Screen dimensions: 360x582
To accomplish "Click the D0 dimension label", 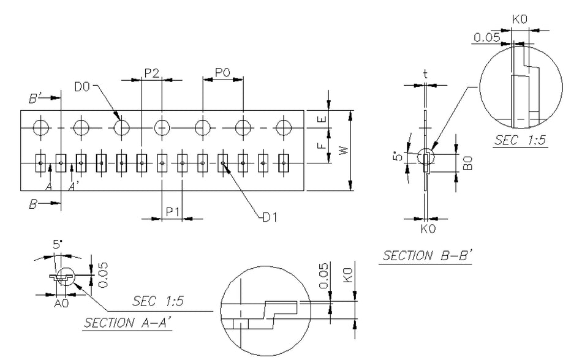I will point(82,88).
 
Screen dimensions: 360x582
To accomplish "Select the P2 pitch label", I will point(152,73).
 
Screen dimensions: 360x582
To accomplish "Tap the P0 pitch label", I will point(223,73).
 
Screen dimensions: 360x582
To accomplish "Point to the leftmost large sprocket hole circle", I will point(41,127).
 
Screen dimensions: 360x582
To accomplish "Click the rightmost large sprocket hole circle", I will point(283,127).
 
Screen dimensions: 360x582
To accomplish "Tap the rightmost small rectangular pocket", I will point(284,163).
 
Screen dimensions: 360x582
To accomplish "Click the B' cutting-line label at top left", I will point(36,97).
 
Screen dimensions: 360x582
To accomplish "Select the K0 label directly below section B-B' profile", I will point(427,229).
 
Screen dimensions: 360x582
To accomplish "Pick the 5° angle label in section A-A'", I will point(58,246).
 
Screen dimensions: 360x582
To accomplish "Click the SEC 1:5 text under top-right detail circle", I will point(521,140).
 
